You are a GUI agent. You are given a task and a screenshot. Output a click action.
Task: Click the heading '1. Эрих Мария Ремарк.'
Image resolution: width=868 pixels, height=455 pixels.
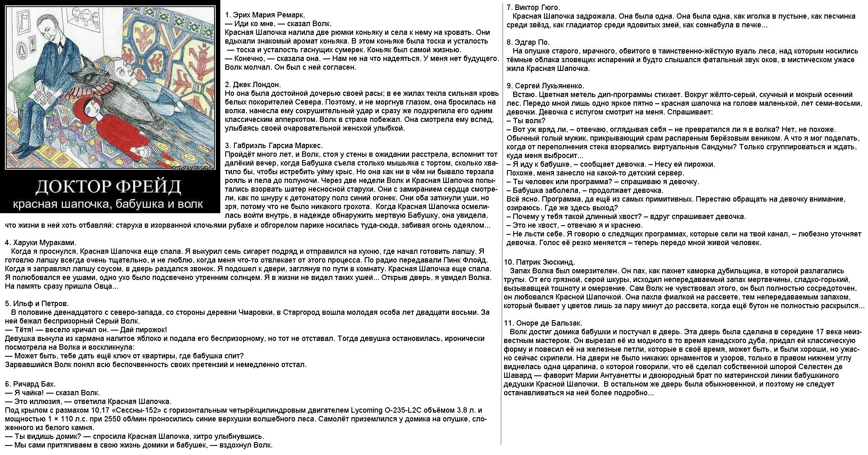coord(259,15)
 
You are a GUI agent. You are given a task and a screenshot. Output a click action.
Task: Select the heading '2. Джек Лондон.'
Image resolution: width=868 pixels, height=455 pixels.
coord(253,85)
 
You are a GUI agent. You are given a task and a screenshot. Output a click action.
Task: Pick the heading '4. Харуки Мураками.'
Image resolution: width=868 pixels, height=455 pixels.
coord(41,243)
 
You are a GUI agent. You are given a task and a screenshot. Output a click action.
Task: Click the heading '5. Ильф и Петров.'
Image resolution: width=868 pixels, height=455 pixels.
coord(37,304)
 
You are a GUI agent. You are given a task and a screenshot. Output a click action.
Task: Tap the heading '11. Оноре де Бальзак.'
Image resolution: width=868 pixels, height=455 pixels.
coord(543,323)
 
